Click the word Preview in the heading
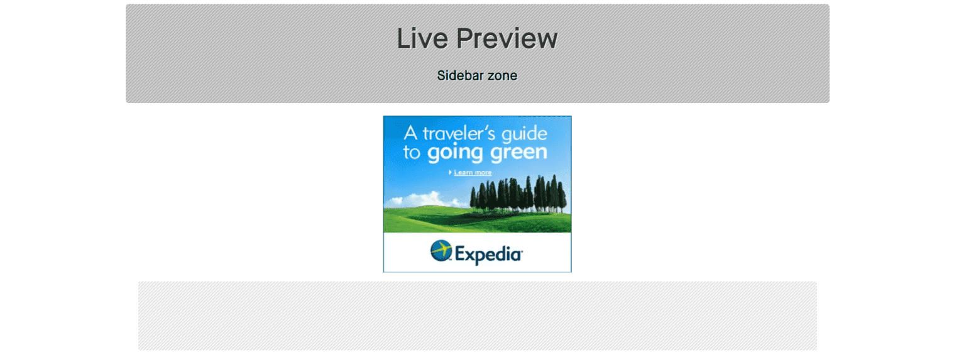(x=507, y=39)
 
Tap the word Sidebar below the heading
(x=460, y=76)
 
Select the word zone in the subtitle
(x=502, y=76)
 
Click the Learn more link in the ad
(x=473, y=173)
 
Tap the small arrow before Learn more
(x=450, y=172)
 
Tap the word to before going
(x=411, y=153)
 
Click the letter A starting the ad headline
(x=410, y=134)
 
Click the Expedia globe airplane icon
(x=441, y=251)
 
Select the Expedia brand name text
(x=488, y=254)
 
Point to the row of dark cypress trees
(x=522, y=195)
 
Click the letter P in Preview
(x=466, y=38)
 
